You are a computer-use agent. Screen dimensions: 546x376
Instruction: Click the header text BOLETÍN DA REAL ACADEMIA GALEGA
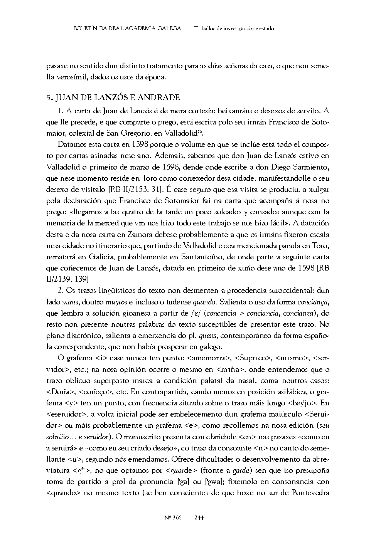pos(127,28)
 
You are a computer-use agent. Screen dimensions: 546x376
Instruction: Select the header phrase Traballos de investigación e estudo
pos(234,29)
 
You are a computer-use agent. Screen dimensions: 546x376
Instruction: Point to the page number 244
pos(199,517)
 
